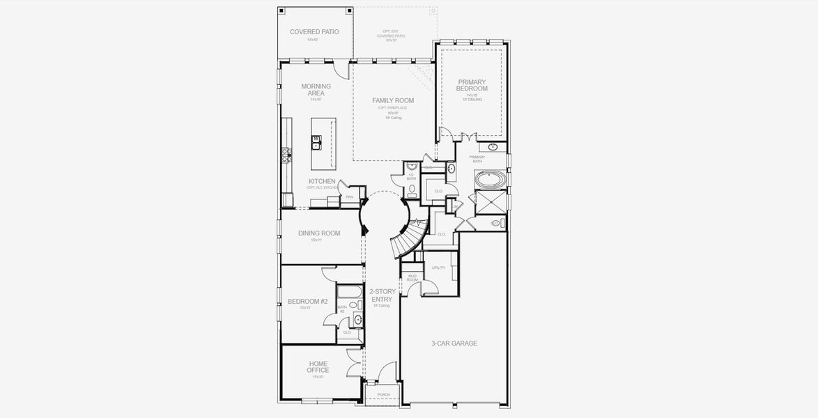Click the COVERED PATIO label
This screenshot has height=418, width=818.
click(x=314, y=32)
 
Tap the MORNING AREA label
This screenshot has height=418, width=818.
click(x=316, y=90)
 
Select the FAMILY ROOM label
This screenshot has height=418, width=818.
click(x=393, y=101)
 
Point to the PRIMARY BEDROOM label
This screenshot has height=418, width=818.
click(x=472, y=86)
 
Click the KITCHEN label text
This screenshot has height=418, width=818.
click(x=322, y=181)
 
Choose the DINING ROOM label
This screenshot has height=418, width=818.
click(x=319, y=233)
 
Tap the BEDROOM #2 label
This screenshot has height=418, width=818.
click(x=307, y=302)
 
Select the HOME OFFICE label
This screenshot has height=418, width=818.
click(x=318, y=366)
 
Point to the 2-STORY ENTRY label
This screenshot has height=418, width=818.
click(x=383, y=295)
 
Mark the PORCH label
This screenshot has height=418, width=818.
click(x=383, y=395)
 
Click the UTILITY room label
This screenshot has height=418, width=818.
click(x=438, y=268)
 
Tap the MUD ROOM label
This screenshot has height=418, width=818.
click(x=412, y=278)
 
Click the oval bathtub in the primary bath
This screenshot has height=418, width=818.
click(x=492, y=180)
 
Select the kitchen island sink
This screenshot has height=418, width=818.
click(x=316, y=145)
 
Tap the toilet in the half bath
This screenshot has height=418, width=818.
click(x=412, y=189)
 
